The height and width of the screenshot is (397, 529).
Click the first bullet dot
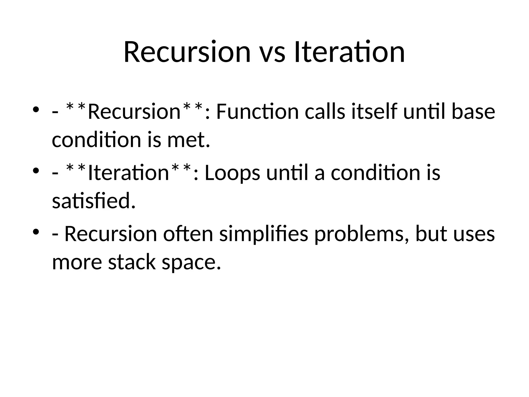tap(36, 110)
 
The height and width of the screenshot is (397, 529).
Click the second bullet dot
tap(36, 171)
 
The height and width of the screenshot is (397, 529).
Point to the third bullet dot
tap(36, 232)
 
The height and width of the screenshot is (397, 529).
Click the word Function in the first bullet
tap(257, 112)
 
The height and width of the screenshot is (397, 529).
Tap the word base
tap(473, 112)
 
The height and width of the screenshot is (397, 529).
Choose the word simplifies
tap(263, 234)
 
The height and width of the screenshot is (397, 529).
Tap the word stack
tap(132, 262)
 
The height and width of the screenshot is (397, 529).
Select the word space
tap(191, 262)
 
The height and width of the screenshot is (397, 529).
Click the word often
tap(188, 234)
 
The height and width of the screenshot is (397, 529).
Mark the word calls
tap(325, 112)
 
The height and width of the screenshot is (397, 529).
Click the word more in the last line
tap(77, 262)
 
